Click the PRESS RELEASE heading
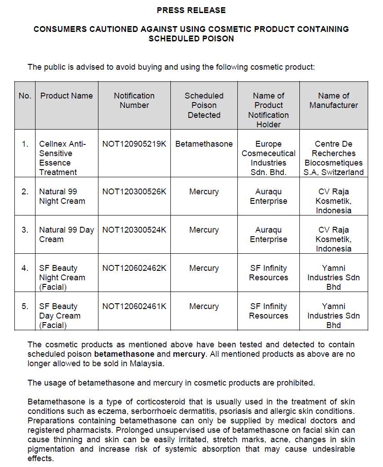tap(191, 10)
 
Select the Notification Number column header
tap(134, 100)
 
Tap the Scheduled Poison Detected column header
tap(204, 105)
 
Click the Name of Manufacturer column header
tap(334, 100)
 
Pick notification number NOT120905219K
tap(134, 144)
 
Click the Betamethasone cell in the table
tap(204, 144)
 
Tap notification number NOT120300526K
tap(134, 192)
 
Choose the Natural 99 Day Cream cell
tap(67, 234)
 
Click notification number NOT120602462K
tap(134, 268)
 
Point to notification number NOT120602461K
tap(134, 306)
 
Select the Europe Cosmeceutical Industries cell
tap(268, 158)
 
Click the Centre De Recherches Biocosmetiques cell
tap(334, 158)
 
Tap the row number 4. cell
tap(25, 268)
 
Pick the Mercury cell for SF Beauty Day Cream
tap(204, 306)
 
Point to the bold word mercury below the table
tap(189, 354)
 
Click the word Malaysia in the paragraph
tap(147, 364)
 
